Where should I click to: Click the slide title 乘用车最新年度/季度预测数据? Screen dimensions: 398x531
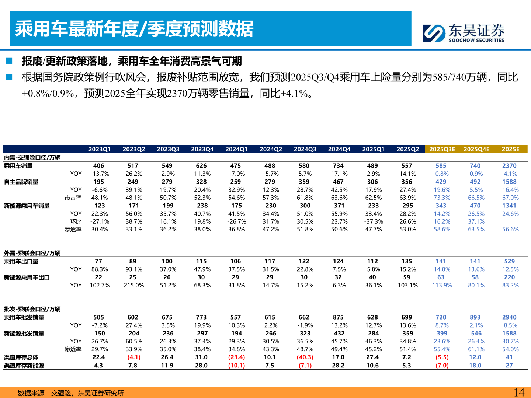coord(134,29)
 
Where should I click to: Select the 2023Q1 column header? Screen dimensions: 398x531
coord(99,149)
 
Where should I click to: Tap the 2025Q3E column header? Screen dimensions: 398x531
coord(442,149)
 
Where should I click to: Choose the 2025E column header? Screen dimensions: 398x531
coord(510,149)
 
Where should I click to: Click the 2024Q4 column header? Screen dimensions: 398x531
coord(339,149)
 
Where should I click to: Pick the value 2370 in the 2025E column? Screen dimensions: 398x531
coord(509,166)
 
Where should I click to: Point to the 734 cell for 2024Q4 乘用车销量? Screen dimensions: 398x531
coord(338,166)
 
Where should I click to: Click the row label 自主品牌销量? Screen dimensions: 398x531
coord(21,182)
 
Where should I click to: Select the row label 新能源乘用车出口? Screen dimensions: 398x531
coord(27,277)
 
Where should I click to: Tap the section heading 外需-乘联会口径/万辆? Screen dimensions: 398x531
coord(32,253)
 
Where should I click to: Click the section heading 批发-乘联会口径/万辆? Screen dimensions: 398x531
coord(32,309)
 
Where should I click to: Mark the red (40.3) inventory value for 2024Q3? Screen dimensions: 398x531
coord(305,357)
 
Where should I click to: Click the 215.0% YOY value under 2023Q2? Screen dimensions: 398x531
coord(133,286)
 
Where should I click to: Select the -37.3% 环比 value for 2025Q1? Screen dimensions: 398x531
coord(373,222)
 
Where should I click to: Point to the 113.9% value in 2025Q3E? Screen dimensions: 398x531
coord(442,286)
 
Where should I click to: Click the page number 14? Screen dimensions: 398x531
coord(519,392)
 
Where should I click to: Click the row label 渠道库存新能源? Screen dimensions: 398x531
coord(24,366)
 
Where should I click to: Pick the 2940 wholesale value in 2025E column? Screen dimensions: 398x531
coord(509,317)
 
